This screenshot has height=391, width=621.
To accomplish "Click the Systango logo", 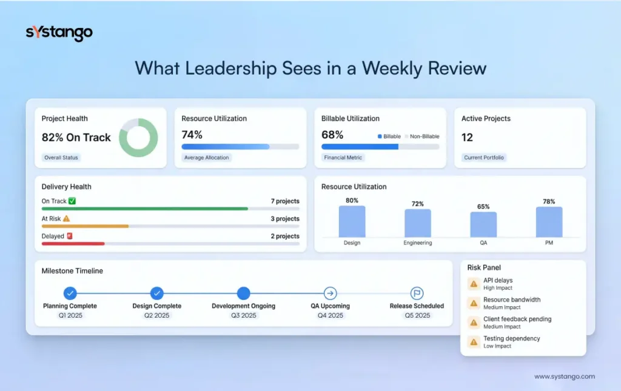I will (x=59, y=33).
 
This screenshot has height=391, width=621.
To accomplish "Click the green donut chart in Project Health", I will (x=138, y=138).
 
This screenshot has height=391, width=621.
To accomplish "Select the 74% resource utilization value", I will (x=192, y=135).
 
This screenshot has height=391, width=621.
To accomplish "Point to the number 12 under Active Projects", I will (x=467, y=138).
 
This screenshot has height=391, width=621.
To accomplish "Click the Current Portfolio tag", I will (x=483, y=158).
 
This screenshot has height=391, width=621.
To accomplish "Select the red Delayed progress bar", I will (x=73, y=244).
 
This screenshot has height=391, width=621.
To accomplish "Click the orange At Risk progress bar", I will (x=85, y=226).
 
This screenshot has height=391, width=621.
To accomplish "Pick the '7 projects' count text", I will (x=285, y=201).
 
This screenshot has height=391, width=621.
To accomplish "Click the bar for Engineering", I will (x=418, y=223).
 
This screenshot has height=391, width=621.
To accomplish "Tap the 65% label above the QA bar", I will (x=483, y=207).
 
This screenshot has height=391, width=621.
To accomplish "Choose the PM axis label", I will (x=549, y=243).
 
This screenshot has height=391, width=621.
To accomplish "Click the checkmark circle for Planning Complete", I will (x=70, y=293).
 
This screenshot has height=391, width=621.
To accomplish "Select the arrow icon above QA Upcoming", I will (x=330, y=293).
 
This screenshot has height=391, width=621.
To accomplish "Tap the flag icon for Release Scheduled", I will (x=417, y=293).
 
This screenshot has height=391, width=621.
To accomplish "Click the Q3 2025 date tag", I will (x=243, y=315).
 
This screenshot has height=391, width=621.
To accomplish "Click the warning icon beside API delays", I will (x=474, y=284).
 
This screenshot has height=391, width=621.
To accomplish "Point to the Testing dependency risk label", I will (x=511, y=338).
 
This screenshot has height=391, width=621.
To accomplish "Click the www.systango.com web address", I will (x=564, y=376).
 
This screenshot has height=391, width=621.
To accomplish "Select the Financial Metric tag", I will (x=344, y=158).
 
